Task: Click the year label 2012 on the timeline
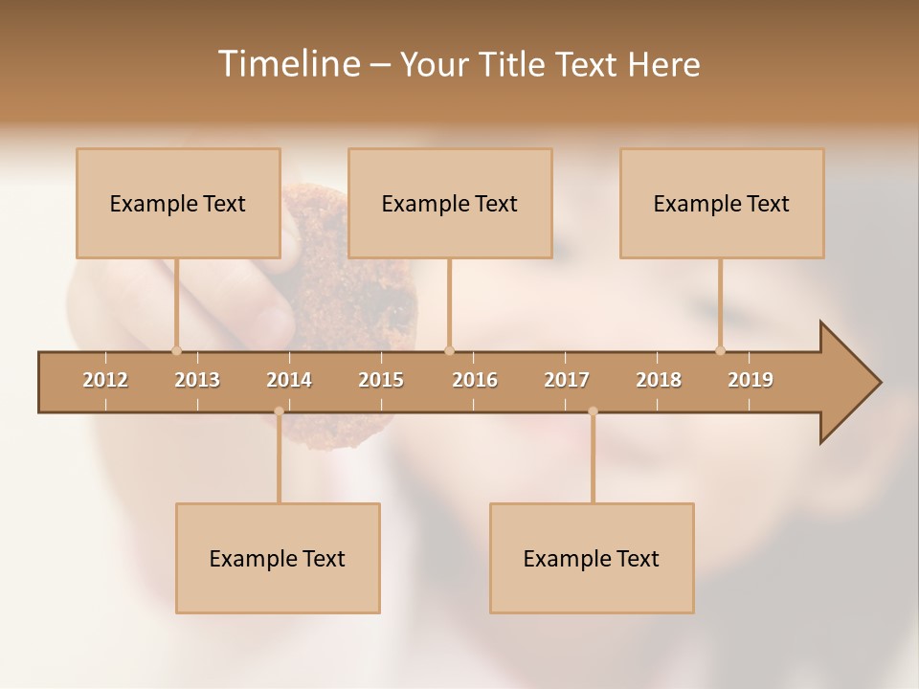coord(105,380)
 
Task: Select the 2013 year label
coord(197,380)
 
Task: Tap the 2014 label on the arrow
coord(289,380)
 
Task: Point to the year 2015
coord(381,380)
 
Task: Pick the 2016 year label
coord(475,380)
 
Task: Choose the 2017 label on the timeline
coord(567,380)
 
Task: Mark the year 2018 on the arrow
coord(659,380)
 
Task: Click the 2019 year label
coord(751,380)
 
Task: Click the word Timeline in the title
coord(287,64)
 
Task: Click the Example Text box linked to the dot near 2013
coord(178,203)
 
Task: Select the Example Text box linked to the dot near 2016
coord(450,203)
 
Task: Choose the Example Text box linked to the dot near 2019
coord(722,203)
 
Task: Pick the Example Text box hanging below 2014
coord(278,558)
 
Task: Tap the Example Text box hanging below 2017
coord(592,558)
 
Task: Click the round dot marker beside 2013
coord(176,350)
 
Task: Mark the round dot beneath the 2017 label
coord(593,411)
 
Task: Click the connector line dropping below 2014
coord(279,459)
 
